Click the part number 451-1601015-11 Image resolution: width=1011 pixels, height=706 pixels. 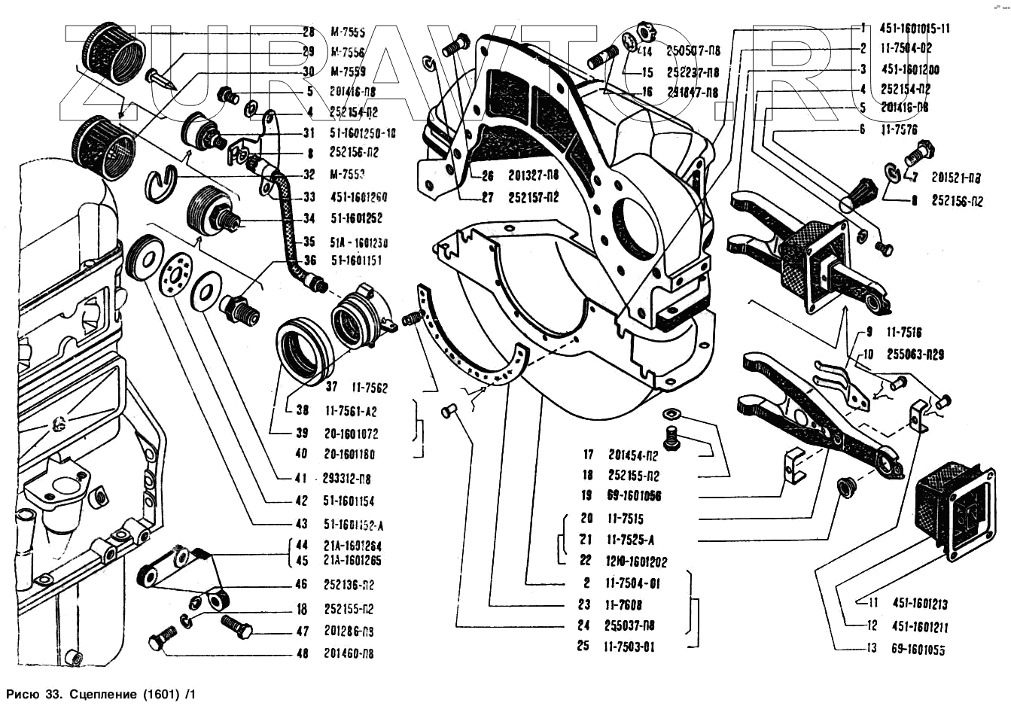point(915,29)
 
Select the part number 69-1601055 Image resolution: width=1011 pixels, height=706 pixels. point(918,649)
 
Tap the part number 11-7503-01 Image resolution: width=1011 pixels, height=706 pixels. point(629,647)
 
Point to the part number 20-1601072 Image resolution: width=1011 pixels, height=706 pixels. point(352,434)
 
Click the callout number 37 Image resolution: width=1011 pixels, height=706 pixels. point(331,388)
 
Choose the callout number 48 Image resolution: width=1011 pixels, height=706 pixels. point(302,653)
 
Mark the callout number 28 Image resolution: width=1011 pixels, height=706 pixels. point(309,32)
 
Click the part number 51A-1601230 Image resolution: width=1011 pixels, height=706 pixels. point(359,242)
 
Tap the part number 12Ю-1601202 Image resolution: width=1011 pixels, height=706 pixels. point(635,561)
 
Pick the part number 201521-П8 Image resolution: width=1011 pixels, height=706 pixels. point(956,178)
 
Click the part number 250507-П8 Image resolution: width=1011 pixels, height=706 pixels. point(693,50)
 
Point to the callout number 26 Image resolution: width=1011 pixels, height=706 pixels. point(487,176)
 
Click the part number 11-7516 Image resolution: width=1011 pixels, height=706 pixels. point(903,332)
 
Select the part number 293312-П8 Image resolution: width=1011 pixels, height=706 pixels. point(347,478)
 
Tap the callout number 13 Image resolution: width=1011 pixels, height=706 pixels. point(872,648)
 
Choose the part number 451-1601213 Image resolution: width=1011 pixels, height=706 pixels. point(920,603)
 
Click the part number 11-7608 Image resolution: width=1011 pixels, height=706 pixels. point(623,604)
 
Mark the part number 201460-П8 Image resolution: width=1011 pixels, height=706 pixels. point(349,653)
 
